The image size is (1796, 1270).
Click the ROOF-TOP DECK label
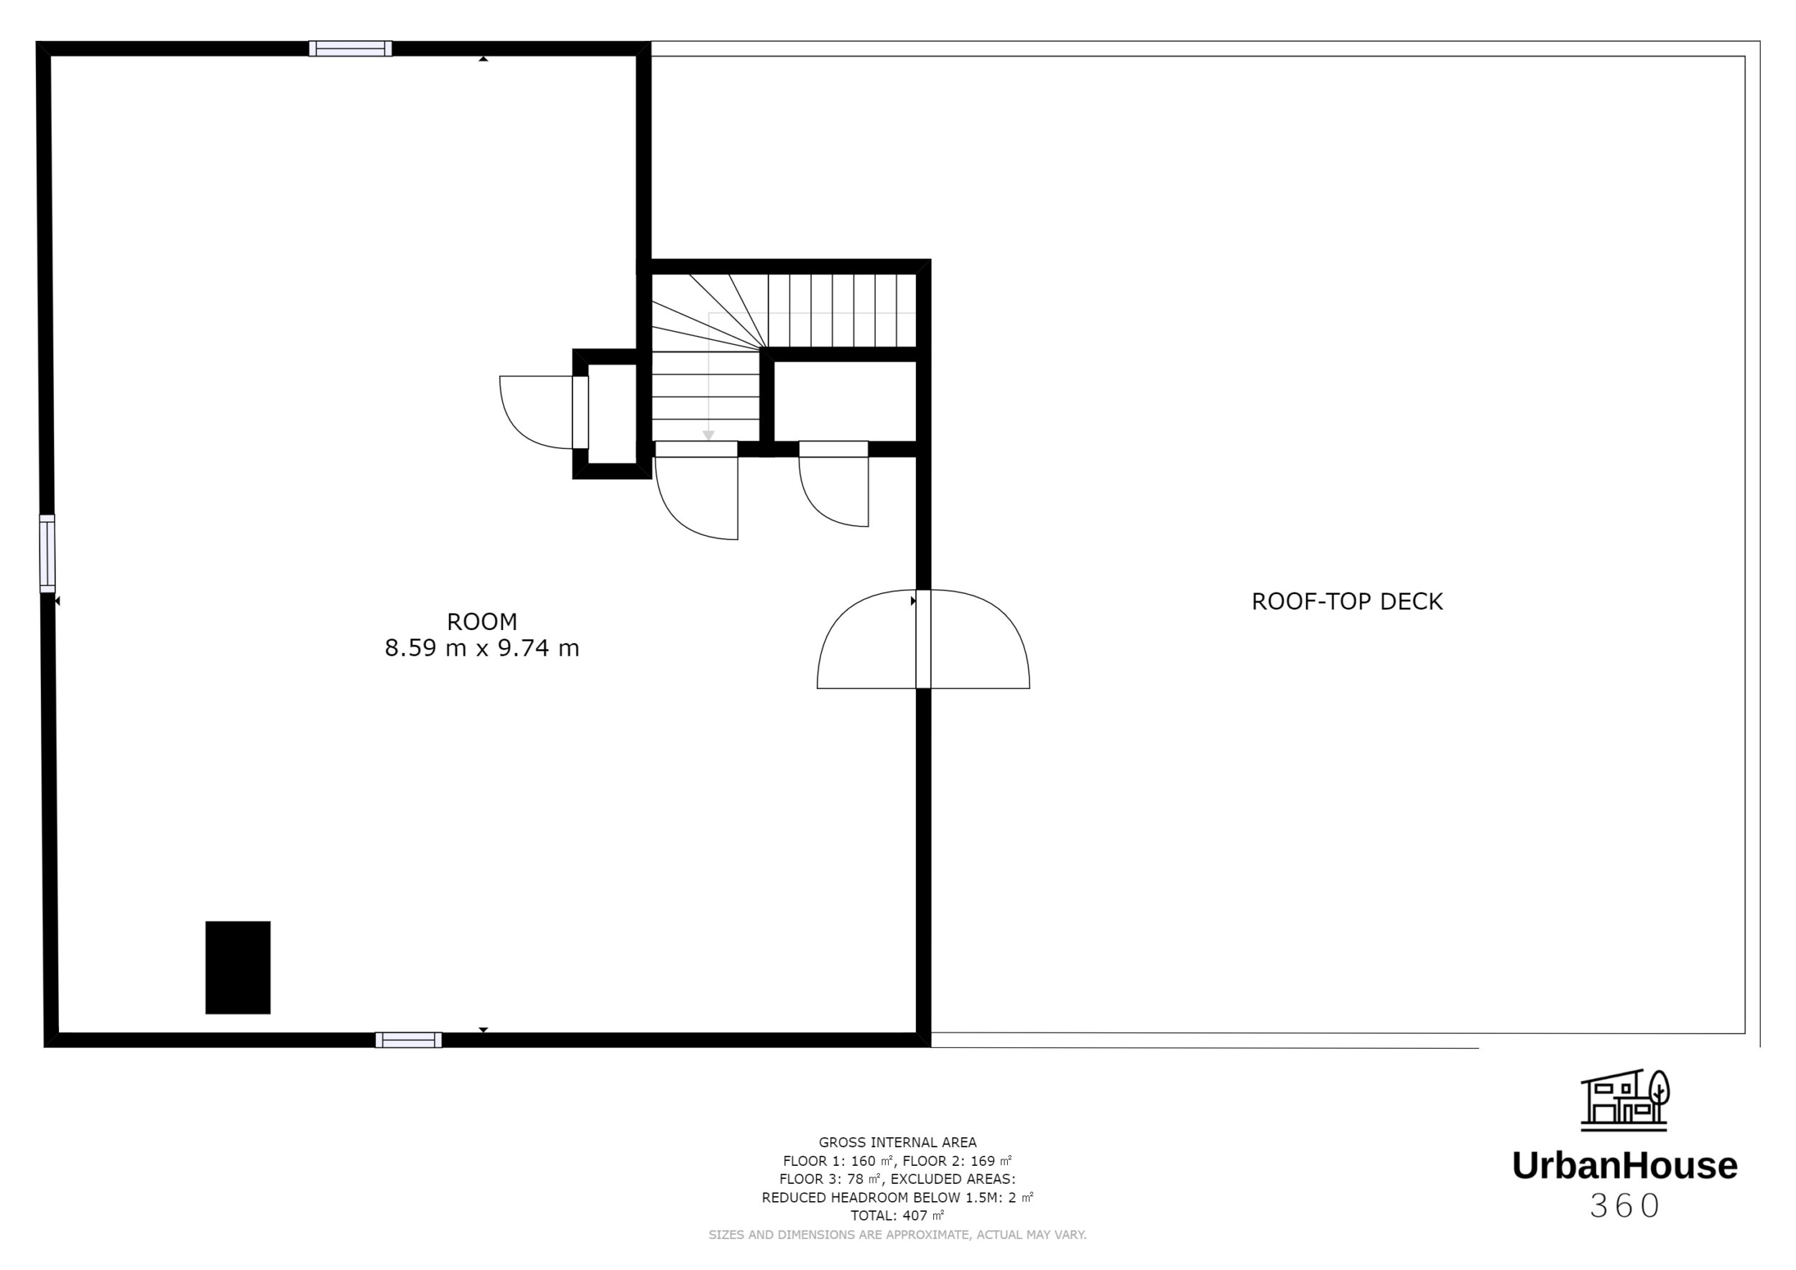(x=1346, y=601)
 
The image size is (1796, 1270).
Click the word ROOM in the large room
(x=482, y=621)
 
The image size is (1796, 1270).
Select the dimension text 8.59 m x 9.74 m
(x=482, y=649)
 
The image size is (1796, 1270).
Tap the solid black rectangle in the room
(x=238, y=968)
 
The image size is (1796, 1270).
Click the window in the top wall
(x=351, y=48)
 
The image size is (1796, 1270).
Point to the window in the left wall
(x=47, y=553)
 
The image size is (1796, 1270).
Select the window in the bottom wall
(x=408, y=1039)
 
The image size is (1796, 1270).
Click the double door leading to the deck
(x=923, y=640)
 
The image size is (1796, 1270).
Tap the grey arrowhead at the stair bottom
(x=708, y=435)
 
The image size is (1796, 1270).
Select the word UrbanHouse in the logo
(x=1625, y=1165)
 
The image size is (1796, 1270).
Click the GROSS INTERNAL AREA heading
(x=897, y=1143)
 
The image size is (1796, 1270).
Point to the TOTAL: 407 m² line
(x=897, y=1215)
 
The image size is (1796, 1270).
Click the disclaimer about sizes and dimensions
(x=897, y=1235)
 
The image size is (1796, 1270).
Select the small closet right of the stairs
(x=845, y=400)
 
